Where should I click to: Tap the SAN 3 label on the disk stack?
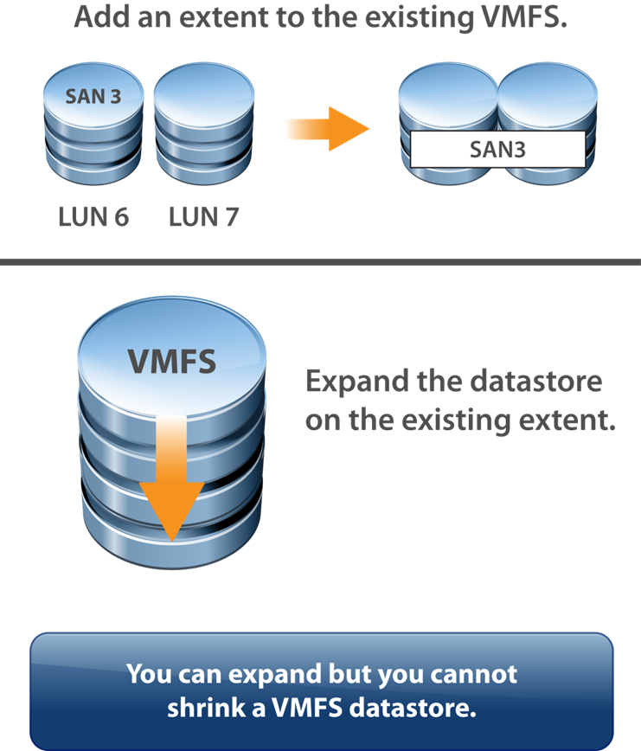coord(93,96)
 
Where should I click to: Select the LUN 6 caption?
coord(93,216)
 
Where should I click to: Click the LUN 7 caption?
coord(203,216)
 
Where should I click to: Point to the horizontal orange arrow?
coord(327,130)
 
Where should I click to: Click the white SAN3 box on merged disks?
coord(497,149)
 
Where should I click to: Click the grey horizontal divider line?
coord(320,261)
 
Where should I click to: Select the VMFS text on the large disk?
coord(171,361)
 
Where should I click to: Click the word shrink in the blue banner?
coord(199,708)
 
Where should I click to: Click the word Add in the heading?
coord(98,17)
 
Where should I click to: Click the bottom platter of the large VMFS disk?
coord(172,545)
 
